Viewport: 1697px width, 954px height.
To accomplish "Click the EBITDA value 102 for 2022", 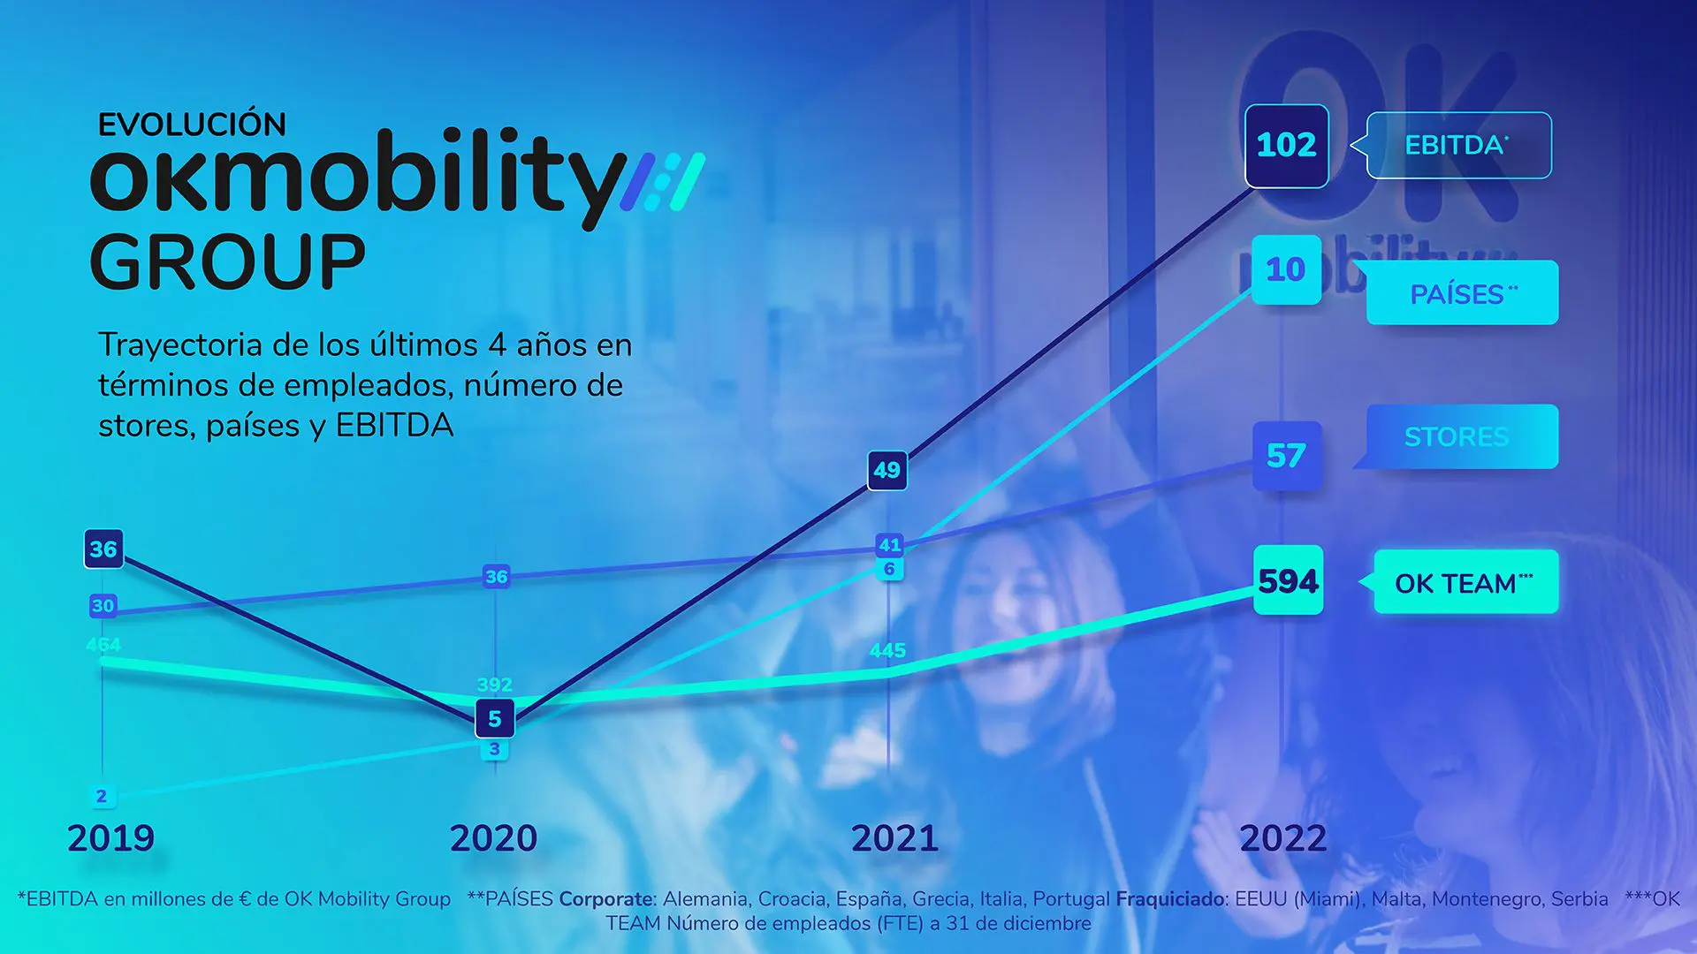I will pyautogui.click(x=1286, y=146).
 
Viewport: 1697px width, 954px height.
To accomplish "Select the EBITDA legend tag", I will pyautogui.click(x=1458, y=146).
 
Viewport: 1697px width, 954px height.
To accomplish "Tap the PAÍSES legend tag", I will pyautogui.click(x=1463, y=293).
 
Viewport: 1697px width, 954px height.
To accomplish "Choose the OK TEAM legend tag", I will pyautogui.click(x=1465, y=583).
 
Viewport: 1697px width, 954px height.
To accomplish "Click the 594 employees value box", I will pyautogui.click(x=1288, y=581).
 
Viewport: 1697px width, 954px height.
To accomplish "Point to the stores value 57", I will pyautogui.click(x=1286, y=456).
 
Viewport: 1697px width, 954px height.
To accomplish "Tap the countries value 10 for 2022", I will pyautogui.click(x=1286, y=269).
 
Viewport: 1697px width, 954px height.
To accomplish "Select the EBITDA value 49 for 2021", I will pyautogui.click(x=887, y=470).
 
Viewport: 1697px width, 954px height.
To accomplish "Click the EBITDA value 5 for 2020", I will pyautogui.click(x=495, y=718).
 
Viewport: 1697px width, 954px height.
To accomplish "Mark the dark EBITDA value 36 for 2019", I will pyautogui.click(x=103, y=549).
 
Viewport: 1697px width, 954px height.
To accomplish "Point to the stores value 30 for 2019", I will pyautogui.click(x=103, y=606).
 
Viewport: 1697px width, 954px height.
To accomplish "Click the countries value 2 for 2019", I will pyautogui.click(x=102, y=796).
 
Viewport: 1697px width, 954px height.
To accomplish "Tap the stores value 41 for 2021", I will pyautogui.click(x=889, y=545).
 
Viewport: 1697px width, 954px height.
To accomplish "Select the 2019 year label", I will pyautogui.click(x=110, y=838).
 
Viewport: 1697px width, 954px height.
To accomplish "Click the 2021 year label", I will pyautogui.click(x=894, y=838).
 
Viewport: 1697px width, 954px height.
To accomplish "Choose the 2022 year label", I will pyautogui.click(x=1283, y=838).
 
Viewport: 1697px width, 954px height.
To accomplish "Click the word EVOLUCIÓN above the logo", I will pyautogui.click(x=192, y=125).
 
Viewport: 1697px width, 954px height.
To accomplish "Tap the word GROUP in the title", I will pyautogui.click(x=227, y=262).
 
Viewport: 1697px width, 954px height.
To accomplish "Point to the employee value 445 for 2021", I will pyautogui.click(x=887, y=651).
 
